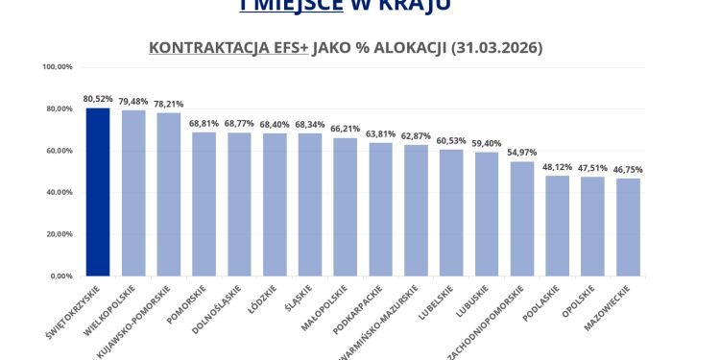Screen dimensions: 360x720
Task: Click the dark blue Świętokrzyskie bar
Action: click(98, 192)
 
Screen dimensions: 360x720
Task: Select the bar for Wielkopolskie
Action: click(133, 193)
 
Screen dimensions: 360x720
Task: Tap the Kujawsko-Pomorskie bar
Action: click(169, 195)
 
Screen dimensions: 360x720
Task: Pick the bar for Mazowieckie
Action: click(629, 228)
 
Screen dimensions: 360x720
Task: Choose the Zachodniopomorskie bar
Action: click(522, 219)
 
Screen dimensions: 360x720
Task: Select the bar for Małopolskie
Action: click(346, 207)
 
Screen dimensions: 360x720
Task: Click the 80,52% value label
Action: click(98, 99)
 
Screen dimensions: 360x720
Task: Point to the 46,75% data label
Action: click(629, 170)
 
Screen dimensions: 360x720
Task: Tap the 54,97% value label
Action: click(522, 153)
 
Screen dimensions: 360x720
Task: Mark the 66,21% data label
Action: click(346, 129)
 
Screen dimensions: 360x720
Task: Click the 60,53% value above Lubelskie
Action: click(451, 141)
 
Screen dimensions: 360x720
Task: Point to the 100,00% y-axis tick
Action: click(59, 67)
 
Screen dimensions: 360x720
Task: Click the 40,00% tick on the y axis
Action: click(60, 192)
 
